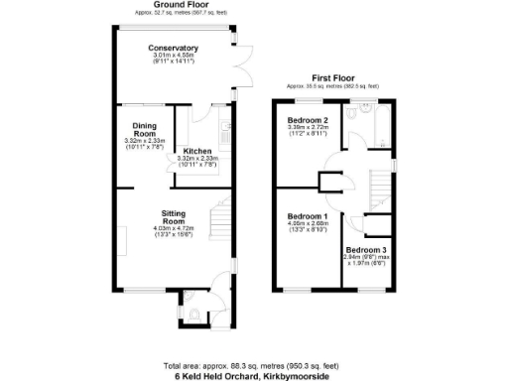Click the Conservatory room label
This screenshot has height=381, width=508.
click(174, 49)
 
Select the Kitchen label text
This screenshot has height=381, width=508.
click(198, 151)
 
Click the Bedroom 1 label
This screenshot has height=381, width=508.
click(307, 217)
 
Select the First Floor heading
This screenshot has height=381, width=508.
click(333, 77)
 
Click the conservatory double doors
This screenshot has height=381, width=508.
click(237, 76)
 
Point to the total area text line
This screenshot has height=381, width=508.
click(254, 365)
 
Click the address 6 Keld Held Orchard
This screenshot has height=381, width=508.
click(254, 375)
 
